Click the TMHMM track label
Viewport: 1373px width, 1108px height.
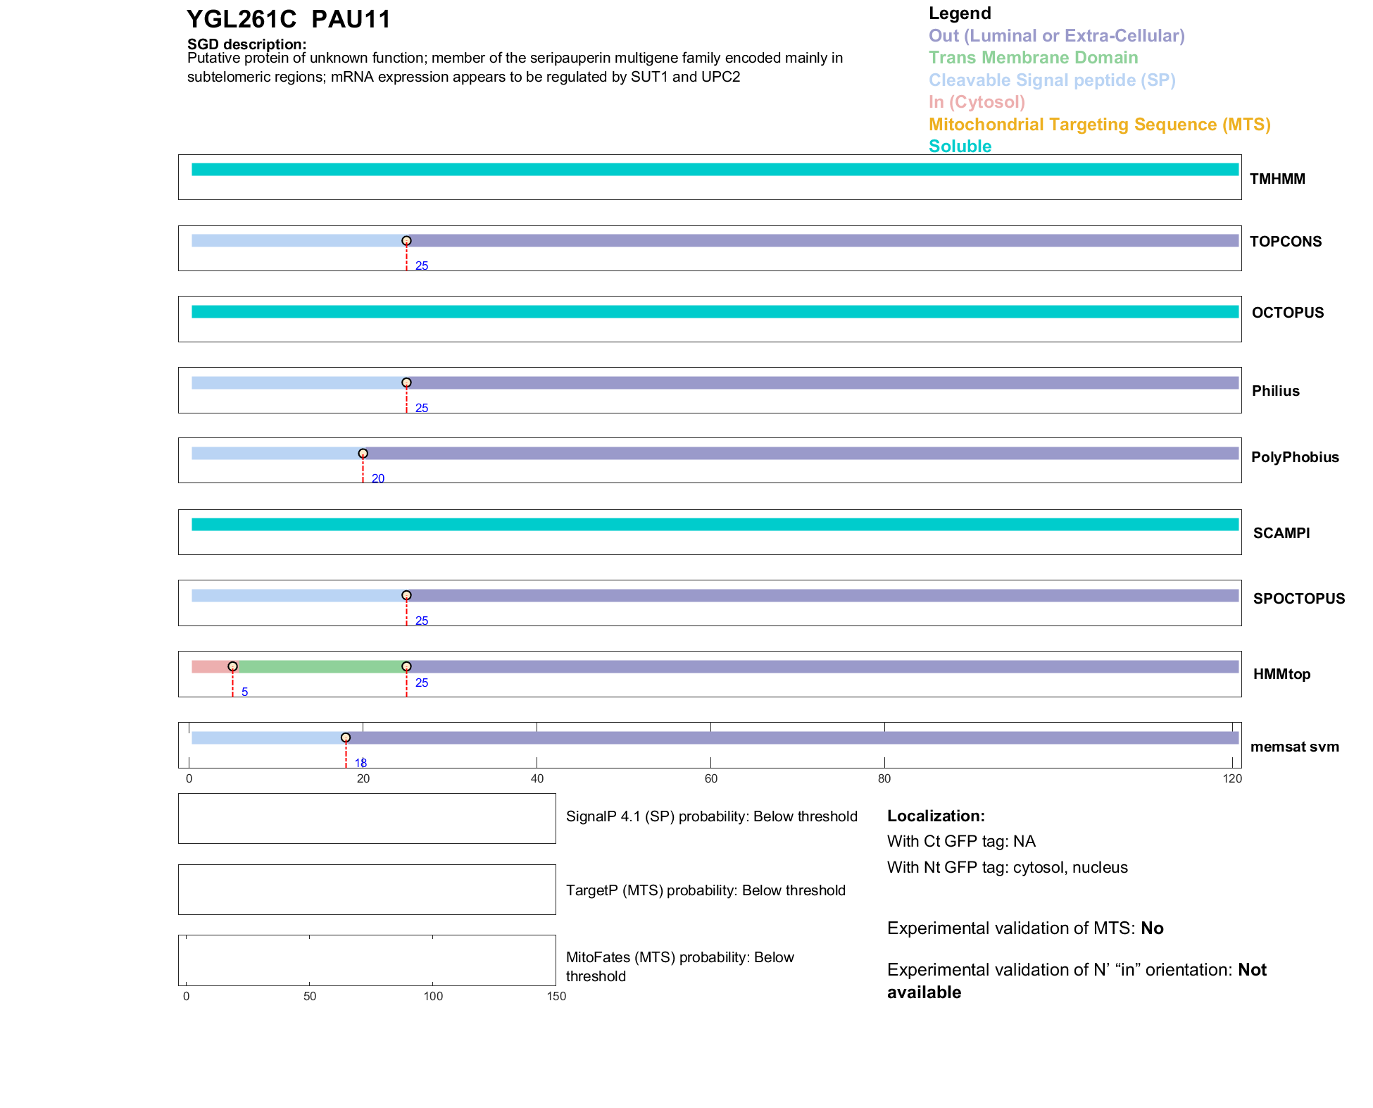(1277, 179)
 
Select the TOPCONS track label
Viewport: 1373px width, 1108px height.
(1285, 242)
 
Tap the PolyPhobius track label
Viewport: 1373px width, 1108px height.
(1294, 457)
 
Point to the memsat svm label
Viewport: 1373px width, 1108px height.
(1294, 747)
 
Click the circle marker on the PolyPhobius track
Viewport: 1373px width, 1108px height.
(363, 454)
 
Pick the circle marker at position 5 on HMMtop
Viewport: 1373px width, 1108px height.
(232, 666)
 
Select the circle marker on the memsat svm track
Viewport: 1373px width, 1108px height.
(346, 737)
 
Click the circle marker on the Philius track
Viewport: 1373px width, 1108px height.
(406, 383)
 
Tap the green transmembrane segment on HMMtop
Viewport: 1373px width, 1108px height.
(321, 666)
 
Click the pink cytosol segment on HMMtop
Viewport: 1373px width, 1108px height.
(210, 666)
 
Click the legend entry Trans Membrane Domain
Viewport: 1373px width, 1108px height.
(1033, 58)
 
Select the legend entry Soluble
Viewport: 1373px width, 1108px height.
(960, 147)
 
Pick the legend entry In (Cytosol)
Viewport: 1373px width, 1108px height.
(977, 102)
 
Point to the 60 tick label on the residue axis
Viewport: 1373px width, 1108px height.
(710, 778)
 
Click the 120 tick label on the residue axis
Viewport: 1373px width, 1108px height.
(1232, 778)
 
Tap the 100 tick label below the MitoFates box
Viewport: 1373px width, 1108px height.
(433, 996)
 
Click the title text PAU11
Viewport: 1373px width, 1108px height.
(351, 20)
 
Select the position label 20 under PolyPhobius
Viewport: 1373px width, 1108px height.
(378, 479)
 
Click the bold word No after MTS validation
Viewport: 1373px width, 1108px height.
(1152, 928)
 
